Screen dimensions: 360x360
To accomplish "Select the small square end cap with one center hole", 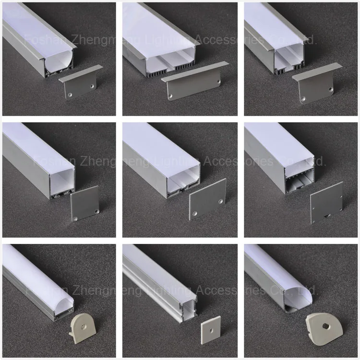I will [210, 330].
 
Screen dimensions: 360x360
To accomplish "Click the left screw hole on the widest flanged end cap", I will [169, 97].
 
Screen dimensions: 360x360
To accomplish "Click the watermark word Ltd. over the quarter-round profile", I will [307, 290].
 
